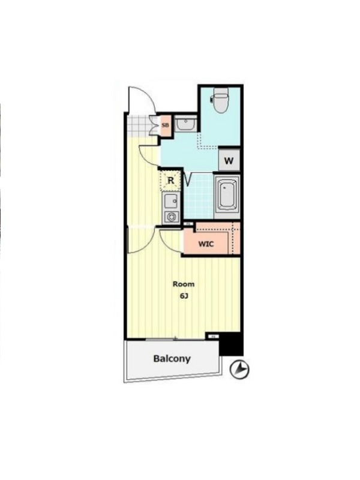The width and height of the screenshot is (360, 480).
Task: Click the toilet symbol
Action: pyautogui.click(x=220, y=100)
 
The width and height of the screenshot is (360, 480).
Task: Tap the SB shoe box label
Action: pyautogui.click(x=166, y=125)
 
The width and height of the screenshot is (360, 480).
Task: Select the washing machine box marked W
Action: pyautogui.click(x=229, y=160)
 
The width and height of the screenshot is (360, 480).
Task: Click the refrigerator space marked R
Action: pyautogui.click(x=171, y=181)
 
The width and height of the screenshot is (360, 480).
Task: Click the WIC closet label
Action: pyautogui.click(x=206, y=244)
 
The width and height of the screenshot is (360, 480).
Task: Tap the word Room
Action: pyautogui.click(x=184, y=284)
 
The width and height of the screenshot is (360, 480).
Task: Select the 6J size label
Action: pyautogui.click(x=184, y=296)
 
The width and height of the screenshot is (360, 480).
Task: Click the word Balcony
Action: pyautogui.click(x=172, y=358)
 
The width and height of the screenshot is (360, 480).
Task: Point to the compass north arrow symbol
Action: pyautogui.click(x=239, y=369)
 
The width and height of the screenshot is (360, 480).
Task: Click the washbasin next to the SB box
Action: pyautogui.click(x=185, y=124)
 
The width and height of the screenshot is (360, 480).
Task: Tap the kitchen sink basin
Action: pyautogui.click(x=171, y=201)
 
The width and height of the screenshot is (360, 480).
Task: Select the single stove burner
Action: pyautogui.click(x=171, y=217)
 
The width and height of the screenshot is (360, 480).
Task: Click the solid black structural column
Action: pyautogui.click(x=232, y=344)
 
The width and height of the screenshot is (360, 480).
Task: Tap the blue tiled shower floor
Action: pyautogui.click(x=199, y=196)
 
